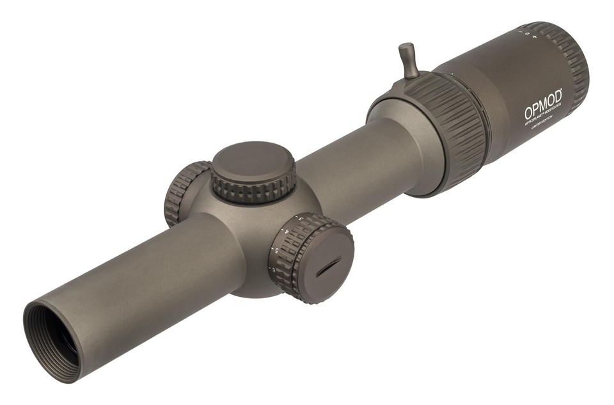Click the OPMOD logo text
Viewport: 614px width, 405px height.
543,105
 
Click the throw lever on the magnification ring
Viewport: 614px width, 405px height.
408,61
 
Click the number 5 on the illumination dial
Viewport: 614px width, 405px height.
276,250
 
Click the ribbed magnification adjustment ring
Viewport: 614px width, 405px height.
448,128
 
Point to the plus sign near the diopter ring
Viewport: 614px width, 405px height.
534,36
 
